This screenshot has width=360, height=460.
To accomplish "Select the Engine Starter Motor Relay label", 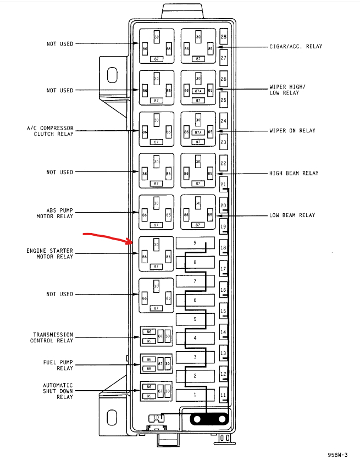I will [49, 254].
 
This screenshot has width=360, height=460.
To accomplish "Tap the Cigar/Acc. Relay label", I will [296, 47].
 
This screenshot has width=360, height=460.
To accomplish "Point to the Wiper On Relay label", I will [292, 131].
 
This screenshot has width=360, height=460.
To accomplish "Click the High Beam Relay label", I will [293, 173].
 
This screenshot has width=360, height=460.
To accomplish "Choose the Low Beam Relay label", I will [292, 215].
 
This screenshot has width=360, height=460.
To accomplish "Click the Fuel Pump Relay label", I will [58, 365].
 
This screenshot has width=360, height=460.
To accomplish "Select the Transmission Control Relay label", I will [53, 337].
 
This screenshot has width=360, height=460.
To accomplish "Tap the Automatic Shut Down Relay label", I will [58, 391].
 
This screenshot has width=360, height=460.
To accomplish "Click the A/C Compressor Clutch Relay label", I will [50, 131].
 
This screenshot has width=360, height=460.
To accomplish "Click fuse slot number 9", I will [195, 243].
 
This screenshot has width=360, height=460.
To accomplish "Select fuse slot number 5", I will [195, 319].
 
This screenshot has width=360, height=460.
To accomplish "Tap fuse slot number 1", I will [195, 395].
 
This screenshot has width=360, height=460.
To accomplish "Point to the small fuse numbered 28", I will [224, 37].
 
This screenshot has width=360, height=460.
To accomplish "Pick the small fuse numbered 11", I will [224, 395].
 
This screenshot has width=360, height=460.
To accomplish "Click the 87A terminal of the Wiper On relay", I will [198, 132].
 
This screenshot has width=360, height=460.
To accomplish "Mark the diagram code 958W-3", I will [338, 455].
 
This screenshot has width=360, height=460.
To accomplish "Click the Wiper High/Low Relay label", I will [287, 90].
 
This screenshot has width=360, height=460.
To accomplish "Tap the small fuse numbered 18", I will [224, 248].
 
